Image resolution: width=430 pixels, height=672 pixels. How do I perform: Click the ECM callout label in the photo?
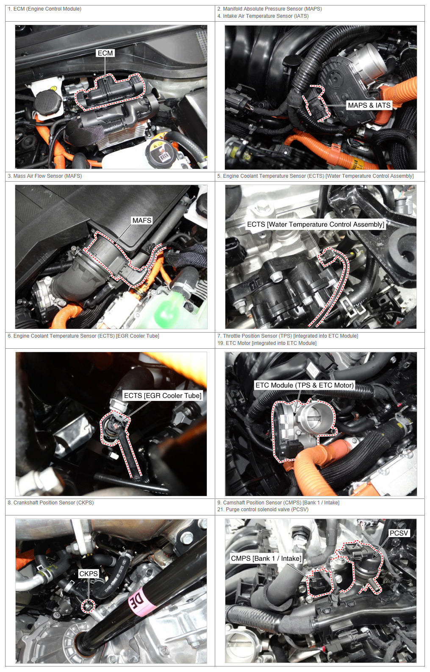[105, 53]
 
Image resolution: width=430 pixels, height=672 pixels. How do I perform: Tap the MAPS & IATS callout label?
[369, 105]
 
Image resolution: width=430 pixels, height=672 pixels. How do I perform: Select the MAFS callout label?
[142, 221]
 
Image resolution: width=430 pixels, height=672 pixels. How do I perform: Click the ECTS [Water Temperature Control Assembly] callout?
[316, 224]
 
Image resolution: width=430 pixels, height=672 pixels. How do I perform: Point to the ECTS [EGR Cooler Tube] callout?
[163, 396]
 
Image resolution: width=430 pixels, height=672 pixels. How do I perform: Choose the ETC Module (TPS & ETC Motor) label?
[305, 385]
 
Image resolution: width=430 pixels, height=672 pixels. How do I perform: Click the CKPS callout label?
[89, 574]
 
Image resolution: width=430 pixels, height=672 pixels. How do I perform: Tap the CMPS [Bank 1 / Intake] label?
[266, 558]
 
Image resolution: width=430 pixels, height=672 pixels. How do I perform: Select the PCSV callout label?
[399, 533]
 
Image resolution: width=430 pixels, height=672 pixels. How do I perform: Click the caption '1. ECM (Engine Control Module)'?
[44, 9]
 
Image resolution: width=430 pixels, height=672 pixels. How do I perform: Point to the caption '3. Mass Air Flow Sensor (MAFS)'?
[45, 176]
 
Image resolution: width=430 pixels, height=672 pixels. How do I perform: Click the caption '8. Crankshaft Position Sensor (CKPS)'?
[51, 502]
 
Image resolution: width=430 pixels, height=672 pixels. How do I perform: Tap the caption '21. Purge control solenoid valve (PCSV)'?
[263, 510]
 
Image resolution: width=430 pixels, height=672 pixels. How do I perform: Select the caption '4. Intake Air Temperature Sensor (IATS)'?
[263, 16]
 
